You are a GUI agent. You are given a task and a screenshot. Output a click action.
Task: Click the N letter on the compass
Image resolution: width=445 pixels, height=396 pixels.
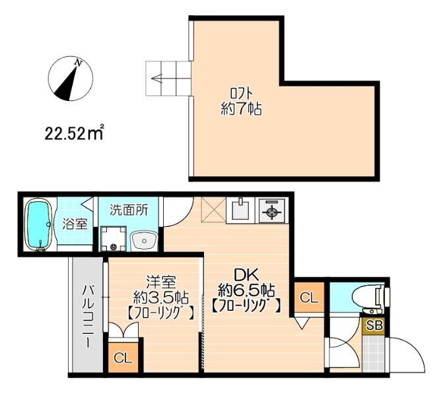(78, 63)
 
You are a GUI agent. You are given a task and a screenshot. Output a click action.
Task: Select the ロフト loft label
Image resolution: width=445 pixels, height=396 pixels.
(241, 93)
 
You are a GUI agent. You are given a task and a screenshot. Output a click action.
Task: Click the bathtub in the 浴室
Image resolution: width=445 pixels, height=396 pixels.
(39, 224)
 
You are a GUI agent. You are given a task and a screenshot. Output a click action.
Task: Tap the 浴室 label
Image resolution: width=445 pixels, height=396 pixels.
(75, 224)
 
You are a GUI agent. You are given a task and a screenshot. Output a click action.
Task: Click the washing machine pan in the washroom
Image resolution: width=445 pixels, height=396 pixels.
(114, 238)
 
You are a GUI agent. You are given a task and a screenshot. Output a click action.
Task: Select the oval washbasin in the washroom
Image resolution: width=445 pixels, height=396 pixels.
(144, 241)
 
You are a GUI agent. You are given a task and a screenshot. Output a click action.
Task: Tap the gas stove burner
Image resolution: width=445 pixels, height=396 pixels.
(272, 210)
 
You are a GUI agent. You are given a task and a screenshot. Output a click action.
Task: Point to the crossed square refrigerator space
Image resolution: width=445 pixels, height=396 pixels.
(213, 209)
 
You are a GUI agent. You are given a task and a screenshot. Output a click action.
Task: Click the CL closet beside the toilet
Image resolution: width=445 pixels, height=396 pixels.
(309, 298)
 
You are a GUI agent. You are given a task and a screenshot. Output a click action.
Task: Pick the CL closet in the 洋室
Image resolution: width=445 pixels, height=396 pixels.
(123, 358)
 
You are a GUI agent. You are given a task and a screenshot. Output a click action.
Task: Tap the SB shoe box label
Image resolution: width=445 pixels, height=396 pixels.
(374, 325)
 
